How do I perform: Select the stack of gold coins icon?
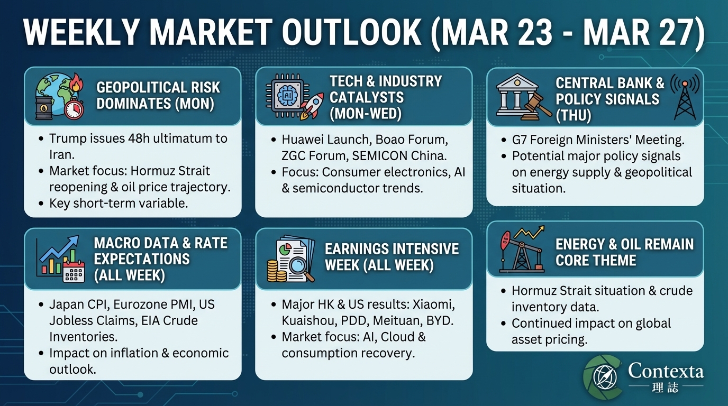[277, 270]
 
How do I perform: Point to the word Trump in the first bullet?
[68, 139]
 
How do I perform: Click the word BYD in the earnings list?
[442, 321]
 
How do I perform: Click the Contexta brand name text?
[666, 372]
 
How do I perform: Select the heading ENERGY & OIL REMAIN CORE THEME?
[624, 252]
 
